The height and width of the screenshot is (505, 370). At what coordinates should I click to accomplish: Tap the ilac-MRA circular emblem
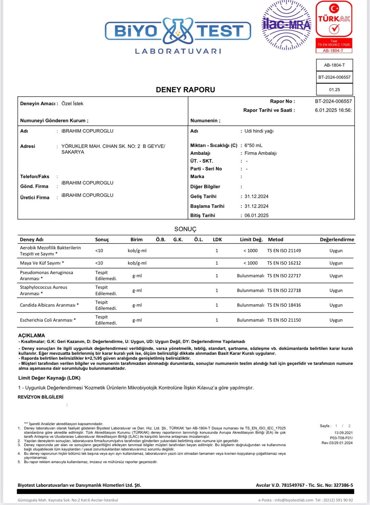click(x=286, y=25)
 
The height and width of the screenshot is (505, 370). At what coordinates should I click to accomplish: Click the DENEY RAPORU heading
click(x=185, y=90)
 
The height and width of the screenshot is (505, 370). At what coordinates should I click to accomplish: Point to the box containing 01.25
click(x=334, y=90)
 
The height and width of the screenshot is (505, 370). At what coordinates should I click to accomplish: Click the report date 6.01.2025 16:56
click(x=333, y=110)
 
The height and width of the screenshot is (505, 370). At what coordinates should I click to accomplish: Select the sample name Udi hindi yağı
click(x=259, y=131)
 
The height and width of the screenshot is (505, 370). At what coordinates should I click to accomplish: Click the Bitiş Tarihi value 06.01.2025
click(x=257, y=215)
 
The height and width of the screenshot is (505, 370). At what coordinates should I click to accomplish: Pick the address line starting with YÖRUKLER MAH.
click(x=113, y=146)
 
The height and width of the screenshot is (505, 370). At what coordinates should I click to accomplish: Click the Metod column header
click(x=275, y=240)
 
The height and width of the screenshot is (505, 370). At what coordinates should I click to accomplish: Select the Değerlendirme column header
click(x=337, y=240)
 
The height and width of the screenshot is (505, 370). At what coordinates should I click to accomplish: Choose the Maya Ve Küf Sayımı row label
click(x=42, y=263)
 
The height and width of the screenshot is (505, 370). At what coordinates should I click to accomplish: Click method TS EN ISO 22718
click(x=284, y=291)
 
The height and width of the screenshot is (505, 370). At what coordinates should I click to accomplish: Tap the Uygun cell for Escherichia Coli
click(x=336, y=320)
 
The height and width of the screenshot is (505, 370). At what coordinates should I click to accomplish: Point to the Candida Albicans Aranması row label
click(x=49, y=305)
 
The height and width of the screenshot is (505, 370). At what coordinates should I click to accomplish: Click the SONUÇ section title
click(x=185, y=229)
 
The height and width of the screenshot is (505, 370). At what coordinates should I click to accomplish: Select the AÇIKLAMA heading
click(x=32, y=335)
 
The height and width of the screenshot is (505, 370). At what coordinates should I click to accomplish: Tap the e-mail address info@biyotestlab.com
click(x=294, y=500)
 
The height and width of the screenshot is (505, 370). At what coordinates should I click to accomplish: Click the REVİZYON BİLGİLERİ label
click(x=40, y=397)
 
